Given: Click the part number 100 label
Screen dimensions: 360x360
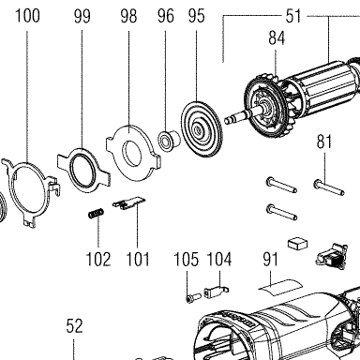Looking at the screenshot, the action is coord(27,16).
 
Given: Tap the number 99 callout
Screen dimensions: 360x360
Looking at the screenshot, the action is coord(82,16).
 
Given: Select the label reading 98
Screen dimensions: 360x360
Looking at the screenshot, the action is coord(128,16).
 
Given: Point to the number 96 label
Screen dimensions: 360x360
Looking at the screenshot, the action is coord(166,16).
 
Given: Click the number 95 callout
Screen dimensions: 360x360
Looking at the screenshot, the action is coord(197,16).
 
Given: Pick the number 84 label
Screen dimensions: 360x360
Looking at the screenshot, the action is coord(277,37).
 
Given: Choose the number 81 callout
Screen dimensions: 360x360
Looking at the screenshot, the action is coord(324,142).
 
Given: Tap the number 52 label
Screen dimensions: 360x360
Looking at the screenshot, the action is coord(74,326).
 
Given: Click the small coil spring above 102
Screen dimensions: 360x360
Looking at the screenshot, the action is coord(96,214).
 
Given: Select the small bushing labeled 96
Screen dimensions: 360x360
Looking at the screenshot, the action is coord(169,141).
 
